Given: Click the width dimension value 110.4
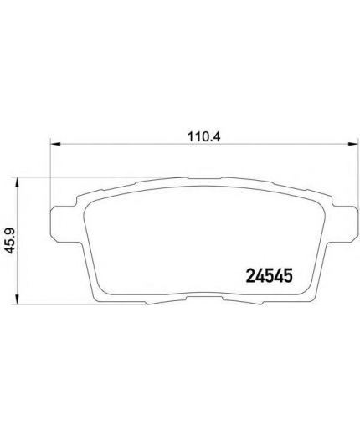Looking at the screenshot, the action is (204, 137).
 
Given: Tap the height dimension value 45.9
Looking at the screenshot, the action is (11, 240).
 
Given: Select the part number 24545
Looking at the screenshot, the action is (270, 276).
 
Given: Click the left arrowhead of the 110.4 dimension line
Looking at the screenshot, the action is (55, 144).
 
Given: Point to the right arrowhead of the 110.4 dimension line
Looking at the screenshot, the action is (352, 144).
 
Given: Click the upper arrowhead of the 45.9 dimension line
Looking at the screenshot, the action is (17, 182).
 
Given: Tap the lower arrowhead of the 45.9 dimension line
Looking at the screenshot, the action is (17, 299).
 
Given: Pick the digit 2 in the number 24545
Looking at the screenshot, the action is (250, 276).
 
